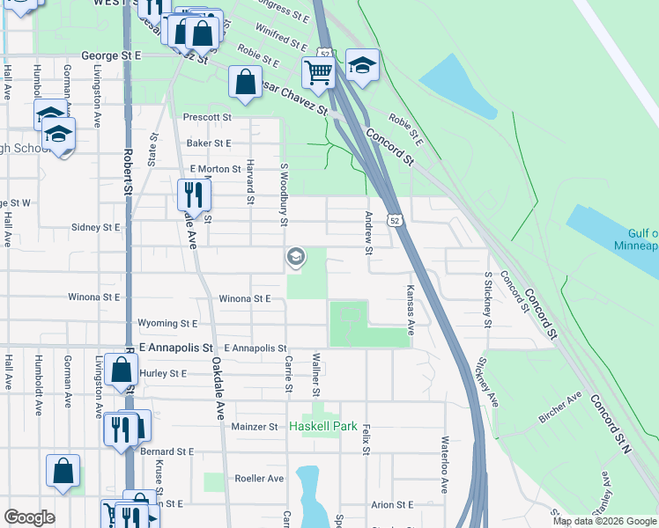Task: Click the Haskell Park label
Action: pos(323,427)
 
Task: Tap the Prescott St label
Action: pos(207,117)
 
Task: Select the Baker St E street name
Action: pos(208,143)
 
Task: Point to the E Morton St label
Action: pos(215,168)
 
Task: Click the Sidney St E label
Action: pos(95,226)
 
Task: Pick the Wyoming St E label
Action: pos(167,324)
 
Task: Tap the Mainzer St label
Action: pos(255,427)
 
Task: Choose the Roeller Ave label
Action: pos(259,479)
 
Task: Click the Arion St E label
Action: pos(392,505)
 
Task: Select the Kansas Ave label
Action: pos(411,309)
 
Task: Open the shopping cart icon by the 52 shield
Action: pos(318,73)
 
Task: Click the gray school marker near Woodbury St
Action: pos(296,257)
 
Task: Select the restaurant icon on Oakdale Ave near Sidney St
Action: pos(194,194)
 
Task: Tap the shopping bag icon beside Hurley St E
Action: pos(121,370)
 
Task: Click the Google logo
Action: pos(28,517)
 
